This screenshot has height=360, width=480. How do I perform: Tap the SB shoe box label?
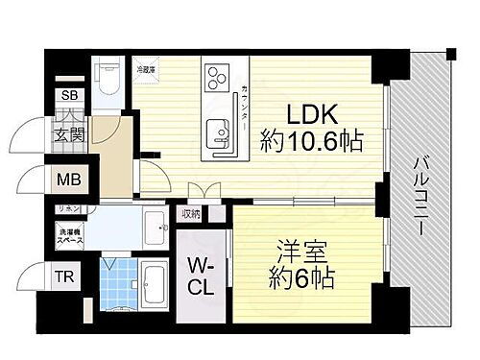(71, 96)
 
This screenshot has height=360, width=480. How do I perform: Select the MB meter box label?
(70, 180)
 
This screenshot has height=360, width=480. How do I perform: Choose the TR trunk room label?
(63, 278)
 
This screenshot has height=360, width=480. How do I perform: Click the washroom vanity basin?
(156, 228)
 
